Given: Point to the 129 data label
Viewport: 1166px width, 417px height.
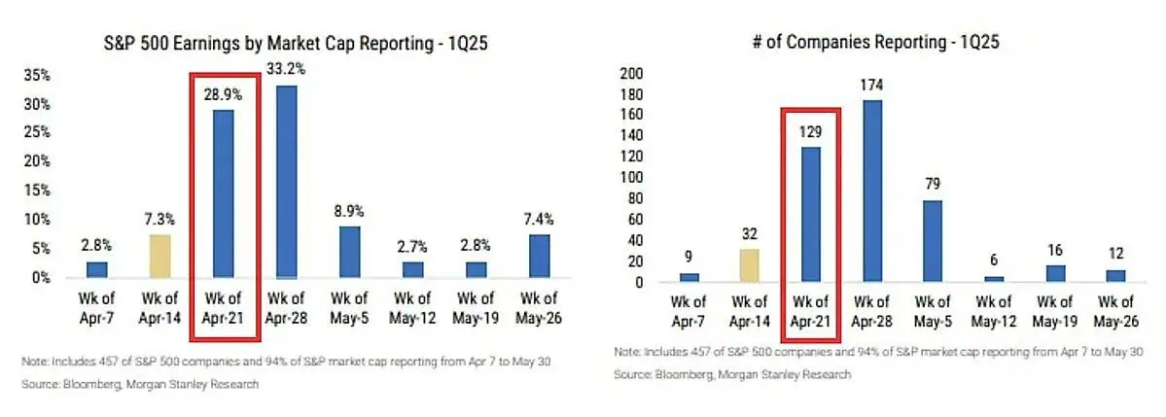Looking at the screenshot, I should coord(809,130).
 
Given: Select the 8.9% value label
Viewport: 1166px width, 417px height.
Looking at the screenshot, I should coord(350,209).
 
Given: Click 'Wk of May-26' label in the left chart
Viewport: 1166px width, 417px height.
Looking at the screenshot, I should coord(540,308).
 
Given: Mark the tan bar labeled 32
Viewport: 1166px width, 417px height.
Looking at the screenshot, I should coord(748,265).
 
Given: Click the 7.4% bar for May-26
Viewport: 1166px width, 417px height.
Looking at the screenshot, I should coord(540,256).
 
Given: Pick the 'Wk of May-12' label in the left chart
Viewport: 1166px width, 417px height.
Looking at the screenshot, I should coord(411,308).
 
